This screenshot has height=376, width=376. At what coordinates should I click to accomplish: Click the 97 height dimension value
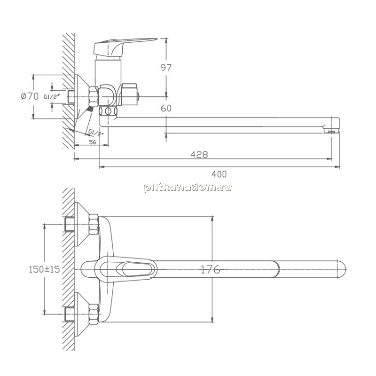coord(166,68)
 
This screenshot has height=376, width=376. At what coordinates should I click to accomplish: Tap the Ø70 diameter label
coord(30,96)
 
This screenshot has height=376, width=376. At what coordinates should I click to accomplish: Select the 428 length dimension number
coord(199,155)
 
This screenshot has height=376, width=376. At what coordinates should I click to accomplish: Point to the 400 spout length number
coord(219,174)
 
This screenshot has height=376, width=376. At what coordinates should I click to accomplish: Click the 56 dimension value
coord(93,142)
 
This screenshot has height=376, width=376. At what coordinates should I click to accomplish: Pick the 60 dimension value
coord(166,109)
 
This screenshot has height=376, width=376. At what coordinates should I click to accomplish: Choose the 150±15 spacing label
coord(44,269)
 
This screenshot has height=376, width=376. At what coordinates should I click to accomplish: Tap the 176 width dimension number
coord(210,269)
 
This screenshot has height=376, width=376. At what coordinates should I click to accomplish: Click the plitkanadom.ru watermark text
coord(188,188)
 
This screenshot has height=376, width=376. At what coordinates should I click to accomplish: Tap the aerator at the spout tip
coord(331,131)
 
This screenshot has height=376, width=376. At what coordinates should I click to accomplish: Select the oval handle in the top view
coord(125,269)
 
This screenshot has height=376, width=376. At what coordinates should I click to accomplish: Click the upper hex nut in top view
coord(94,225)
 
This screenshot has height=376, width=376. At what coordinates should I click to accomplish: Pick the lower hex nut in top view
coord(94,314)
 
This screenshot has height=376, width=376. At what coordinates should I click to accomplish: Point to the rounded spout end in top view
coord(342,269)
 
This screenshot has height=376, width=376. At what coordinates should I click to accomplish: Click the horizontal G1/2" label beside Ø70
coord(52,97)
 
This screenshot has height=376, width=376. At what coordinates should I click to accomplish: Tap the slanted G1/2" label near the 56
coord(96,133)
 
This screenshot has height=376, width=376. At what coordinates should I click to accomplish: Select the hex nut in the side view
coord(94,97)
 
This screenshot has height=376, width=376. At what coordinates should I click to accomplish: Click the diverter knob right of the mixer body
coord(130,94)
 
